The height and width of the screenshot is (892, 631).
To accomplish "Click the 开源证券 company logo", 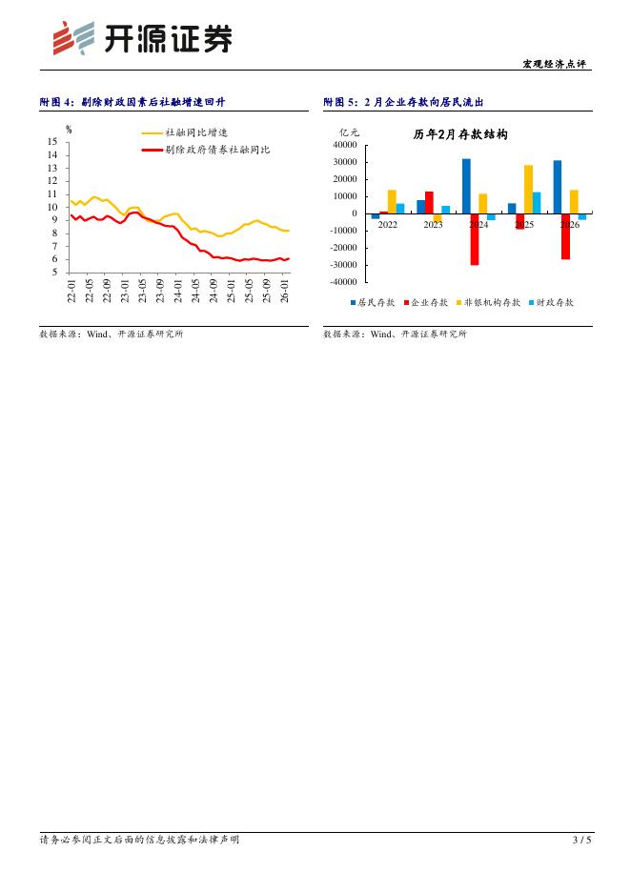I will point(141,39).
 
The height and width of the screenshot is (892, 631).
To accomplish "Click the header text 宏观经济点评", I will point(557,64).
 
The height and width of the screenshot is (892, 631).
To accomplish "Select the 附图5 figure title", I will point(410,102).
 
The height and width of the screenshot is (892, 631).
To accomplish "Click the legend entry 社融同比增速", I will point(196,133).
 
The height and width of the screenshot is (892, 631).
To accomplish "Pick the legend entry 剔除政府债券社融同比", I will point(217,150).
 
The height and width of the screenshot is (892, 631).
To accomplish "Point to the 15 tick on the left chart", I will point(51,142).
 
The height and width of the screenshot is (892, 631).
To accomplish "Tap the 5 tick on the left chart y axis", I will point(54,273).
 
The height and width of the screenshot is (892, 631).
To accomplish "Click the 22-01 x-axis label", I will point(71,291).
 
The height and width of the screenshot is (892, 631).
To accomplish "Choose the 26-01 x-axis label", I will point(282,291).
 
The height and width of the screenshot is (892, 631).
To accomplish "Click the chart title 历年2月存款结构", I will point(460,135).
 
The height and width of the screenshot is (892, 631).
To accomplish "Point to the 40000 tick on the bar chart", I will point(344,145).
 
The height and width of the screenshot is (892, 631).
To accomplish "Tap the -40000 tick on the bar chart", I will point(342,282).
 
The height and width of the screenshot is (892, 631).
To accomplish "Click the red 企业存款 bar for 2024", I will point(474,239).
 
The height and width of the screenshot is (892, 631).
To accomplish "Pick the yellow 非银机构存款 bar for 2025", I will point(528,189).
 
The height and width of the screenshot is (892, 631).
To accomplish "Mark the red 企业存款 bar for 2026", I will point(565,236).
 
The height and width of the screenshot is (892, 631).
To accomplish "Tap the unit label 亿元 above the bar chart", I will point(350,132).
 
